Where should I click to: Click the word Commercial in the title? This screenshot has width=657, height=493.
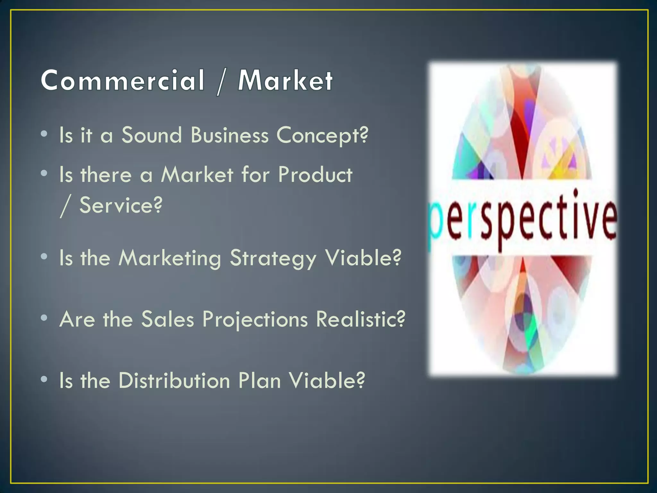click(123, 80)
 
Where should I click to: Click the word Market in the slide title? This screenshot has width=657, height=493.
click(285, 80)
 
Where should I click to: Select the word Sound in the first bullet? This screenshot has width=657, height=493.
click(152, 135)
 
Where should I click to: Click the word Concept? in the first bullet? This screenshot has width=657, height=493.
click(322, 135)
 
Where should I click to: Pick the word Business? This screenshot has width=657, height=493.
click(229, 135)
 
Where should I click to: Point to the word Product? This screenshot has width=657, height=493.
click(315, 175)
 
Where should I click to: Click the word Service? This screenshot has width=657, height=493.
click(121, 205)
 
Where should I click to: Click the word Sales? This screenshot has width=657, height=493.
click(168, 319)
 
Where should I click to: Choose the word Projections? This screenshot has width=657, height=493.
click(255, 320)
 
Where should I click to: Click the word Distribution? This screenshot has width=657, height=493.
click(175, 381)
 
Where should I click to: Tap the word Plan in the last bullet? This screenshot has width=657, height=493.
click(260, 381)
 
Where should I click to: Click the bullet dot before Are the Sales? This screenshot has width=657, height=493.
click(44, 318)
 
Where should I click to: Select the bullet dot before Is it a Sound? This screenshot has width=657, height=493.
click(44, 134)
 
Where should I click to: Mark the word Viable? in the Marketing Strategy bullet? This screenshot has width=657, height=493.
click(363, 258)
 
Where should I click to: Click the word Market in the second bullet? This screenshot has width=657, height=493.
click(197, 175)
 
